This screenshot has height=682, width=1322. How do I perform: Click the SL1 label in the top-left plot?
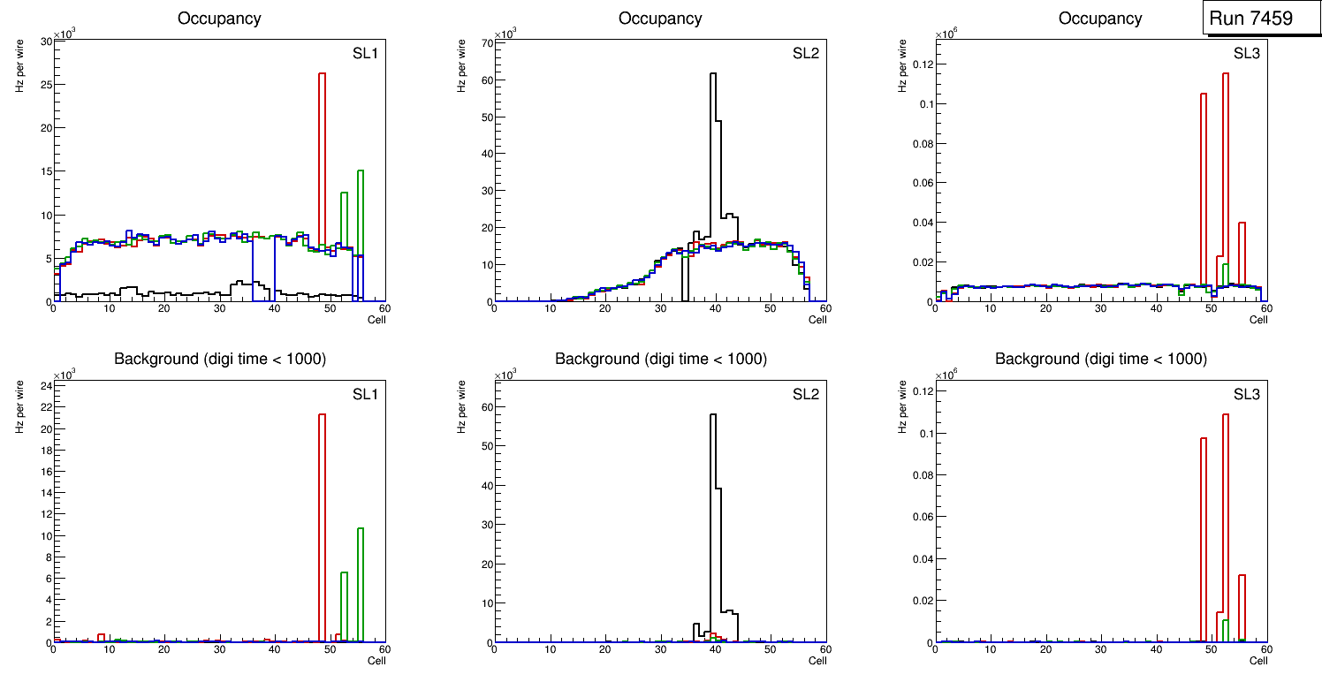click(x=365, y=54)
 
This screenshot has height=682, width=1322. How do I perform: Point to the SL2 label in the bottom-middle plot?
click(x=806, y=394)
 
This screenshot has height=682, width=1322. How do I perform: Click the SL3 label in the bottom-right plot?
click(x=1246, y=394)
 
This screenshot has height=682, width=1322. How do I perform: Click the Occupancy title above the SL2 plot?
click(x=660, y=19)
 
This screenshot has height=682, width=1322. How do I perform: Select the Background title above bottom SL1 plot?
click(x=220, y=359)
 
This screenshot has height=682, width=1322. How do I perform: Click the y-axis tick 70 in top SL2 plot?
click(x=486, y=42)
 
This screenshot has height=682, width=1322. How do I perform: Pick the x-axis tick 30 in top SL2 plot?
click(x=659, y=309)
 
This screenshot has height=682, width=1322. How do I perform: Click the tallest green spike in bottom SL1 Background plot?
click(x=361, y=583)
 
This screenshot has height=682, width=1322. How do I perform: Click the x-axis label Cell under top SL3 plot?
click(x=1257, y=320)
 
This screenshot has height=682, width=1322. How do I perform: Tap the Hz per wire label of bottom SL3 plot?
click(x=903, y=405)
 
